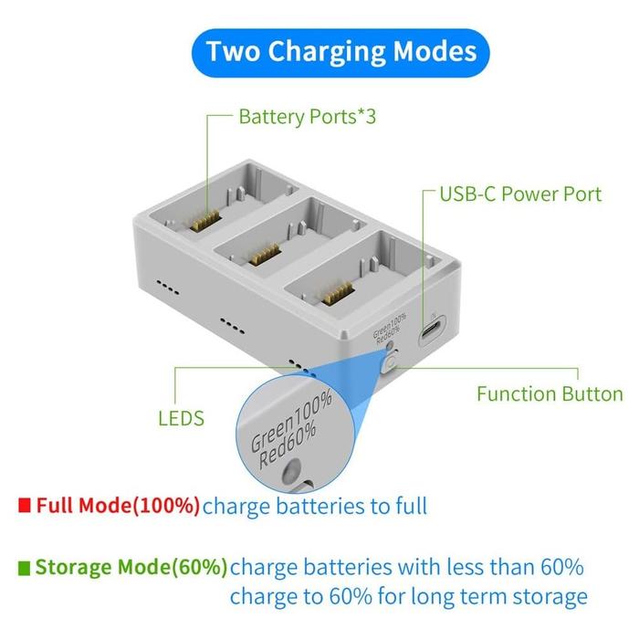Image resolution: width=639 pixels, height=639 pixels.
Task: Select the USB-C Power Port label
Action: pyautogui.click(x=520, y=194)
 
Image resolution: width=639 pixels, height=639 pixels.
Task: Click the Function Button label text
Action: pyautogui.click(x=550, y=394)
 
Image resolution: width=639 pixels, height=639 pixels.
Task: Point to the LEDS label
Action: pyautogui.click(x=181, y=419)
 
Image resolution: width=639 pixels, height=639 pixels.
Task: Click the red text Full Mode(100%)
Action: pyautogui.click(x=118, y=505)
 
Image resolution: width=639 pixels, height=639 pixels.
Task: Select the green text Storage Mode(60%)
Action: pyautogui.click(x=131, y=568)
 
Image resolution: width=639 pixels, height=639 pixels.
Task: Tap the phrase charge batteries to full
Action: pyautogui.click(x=315, y=505)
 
